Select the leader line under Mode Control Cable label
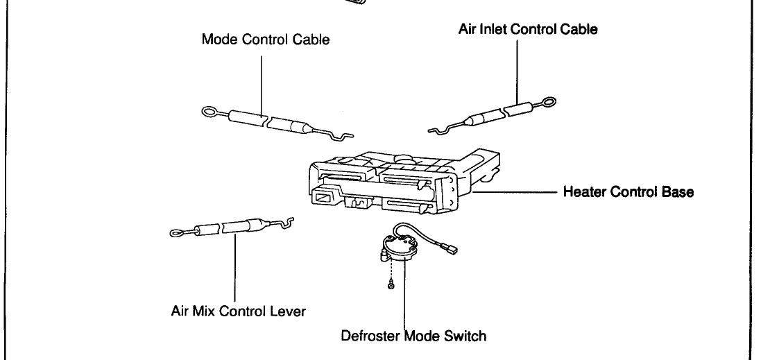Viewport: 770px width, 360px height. [x=262, y=83]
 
